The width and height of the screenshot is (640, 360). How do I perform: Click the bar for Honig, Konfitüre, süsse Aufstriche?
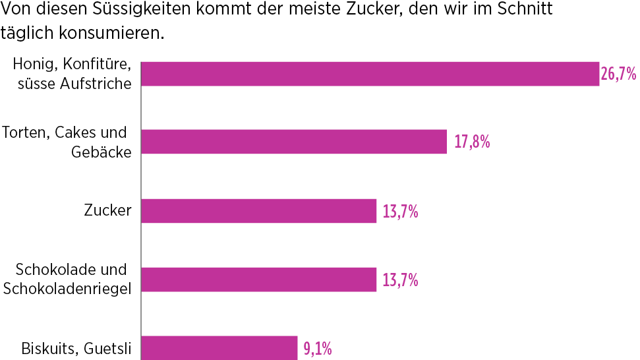click(x=370, y=74)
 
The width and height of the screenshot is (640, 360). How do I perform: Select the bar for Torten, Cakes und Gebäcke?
click(x=294, y=141)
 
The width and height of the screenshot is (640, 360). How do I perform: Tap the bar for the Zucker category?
click(x=258, y=211)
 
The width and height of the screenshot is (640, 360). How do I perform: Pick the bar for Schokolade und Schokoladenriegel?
click(x=258, y=280)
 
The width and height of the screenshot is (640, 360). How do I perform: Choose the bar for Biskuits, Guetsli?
click(x=219, y=347)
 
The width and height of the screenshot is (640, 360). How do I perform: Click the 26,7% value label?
click(x=618, y=74)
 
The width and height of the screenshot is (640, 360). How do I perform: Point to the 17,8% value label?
click(x=472, y=141)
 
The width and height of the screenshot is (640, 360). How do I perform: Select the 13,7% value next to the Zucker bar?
click(x=400, y=212)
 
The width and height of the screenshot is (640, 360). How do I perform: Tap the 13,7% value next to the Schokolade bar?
click(x=400, y=280)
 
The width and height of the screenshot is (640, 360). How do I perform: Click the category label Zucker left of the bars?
click(x=107, y=211)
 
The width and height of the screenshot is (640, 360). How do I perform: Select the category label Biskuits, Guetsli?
click(x=76, y=348)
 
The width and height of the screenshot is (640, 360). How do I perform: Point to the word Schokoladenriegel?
click(x=68, y=288)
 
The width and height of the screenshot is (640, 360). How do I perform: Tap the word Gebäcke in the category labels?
click(x=101, y=151)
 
